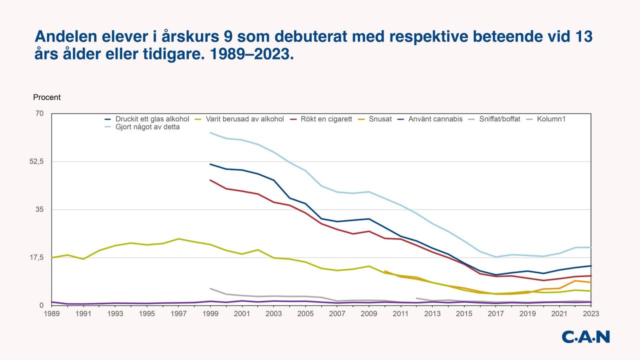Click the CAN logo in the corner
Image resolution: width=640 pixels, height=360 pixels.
pos(585,337)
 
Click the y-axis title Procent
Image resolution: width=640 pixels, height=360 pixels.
pos(46,97)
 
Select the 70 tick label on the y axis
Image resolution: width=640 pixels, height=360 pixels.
pos(39,113)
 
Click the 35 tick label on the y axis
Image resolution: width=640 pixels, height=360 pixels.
pos(39,209)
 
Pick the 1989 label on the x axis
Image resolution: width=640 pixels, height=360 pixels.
pos(51,313)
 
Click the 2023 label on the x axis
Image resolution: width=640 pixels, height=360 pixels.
pos(590,313)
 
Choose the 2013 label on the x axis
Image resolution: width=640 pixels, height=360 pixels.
pos(432,313)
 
